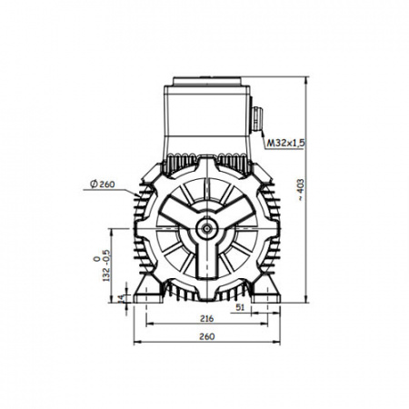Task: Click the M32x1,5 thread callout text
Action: click(x=285, y=143)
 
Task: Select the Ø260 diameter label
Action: click(x=103, y=184)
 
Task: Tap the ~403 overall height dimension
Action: click(x=301, y=190)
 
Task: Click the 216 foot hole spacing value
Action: click(x=206, y=318)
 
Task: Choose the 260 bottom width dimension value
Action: click(x=206, y=336)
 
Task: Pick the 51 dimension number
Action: click(x=240, y=307)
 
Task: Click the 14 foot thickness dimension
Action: click(x=121, y=298)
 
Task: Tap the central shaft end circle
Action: click(x=207, y=228)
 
